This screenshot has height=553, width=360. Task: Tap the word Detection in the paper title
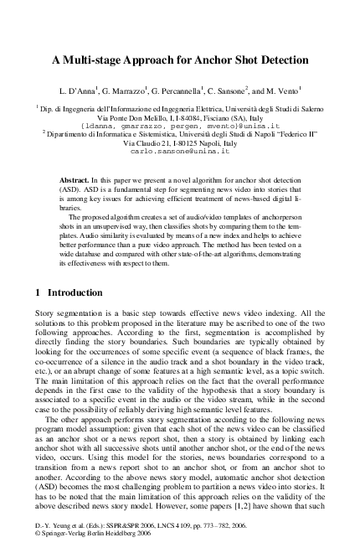280,60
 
